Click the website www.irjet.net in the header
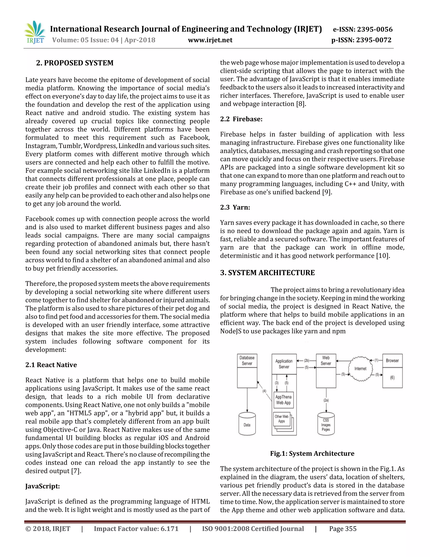click(210, 40)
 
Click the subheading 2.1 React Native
click(51, 365)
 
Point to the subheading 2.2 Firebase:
click(241, 119)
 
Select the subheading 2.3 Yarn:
click(235, 207)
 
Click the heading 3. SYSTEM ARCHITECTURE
click(267, 273)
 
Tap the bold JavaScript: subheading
click(43, 486)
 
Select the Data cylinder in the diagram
click(247, 424)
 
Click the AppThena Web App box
click(283, 400)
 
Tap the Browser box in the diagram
click(392, 361)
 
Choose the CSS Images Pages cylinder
click(326, 425)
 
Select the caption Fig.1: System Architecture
click(312, 453)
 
